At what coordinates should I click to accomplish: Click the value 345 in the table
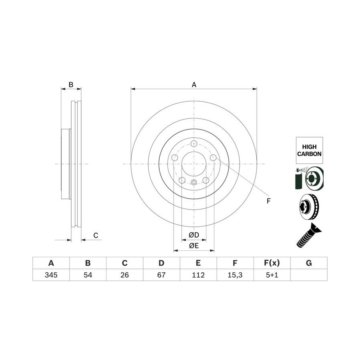pyautogui.click(x=51, y=275)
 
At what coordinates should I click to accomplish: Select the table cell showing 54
pyautogui.click(x=88, y=275)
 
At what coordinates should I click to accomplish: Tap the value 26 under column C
pyautogui.click(x=125, y=275)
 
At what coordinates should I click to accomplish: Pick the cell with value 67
pyautogui.click(x=162, y=275)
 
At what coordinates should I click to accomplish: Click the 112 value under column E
pyautogui.click(x=198, y=275)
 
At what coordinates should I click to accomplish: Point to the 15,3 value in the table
pyautogui.click(x=235, y=275)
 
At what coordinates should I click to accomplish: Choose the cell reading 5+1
pyautogui.click(x=272, y=275)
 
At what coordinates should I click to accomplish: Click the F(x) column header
pyautogui.click(x=272, y=263)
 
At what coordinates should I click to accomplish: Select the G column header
pyautogui.click(x=309, y=263)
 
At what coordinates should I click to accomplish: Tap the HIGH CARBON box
pyautogui.click(x=309, y=150)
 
